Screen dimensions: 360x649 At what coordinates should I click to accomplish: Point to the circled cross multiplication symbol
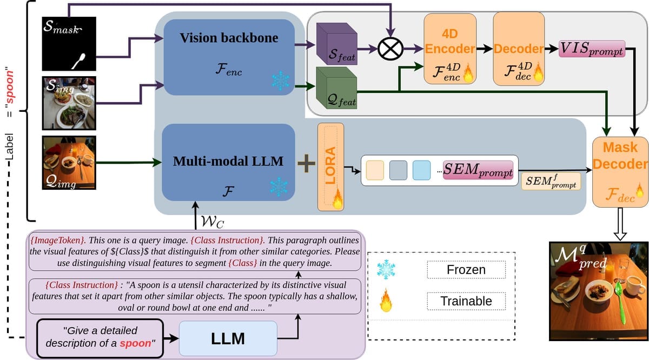[389, 49]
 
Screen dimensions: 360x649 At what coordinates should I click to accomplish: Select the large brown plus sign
[306, 164]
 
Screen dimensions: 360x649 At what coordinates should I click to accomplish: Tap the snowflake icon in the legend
[386, 269]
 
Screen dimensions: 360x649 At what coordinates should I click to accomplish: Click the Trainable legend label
[466, 301]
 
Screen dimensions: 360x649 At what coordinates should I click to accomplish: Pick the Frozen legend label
[466, 269]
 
